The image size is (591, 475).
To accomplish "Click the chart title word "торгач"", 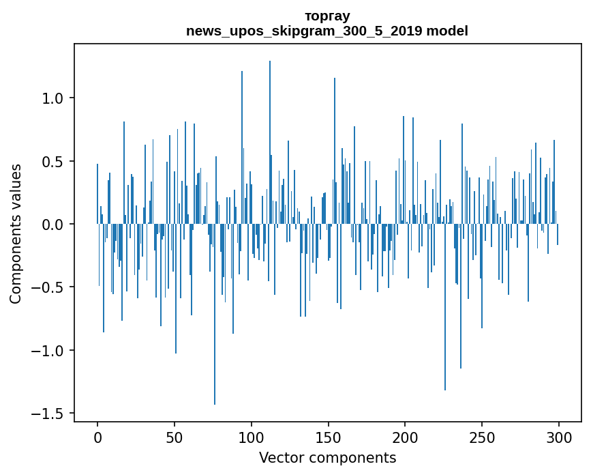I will point(327,16).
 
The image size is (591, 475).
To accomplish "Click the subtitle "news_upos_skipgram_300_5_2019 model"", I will point(327,31).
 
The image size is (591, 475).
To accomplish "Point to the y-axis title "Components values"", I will point(16,233).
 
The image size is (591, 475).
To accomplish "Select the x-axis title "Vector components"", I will point(327,457).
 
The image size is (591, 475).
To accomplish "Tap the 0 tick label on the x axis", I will point(97,436).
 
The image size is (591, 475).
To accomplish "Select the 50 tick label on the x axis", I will point(175,436).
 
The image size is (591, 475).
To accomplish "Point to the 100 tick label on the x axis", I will point(252,436).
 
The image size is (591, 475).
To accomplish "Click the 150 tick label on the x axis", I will point(328,436).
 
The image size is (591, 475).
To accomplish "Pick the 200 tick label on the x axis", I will point(405,436).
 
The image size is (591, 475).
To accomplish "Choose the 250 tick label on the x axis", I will point(482,436).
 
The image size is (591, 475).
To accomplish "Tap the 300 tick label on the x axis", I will point(558,436).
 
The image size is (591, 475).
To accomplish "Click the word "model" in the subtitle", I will point(447,31).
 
